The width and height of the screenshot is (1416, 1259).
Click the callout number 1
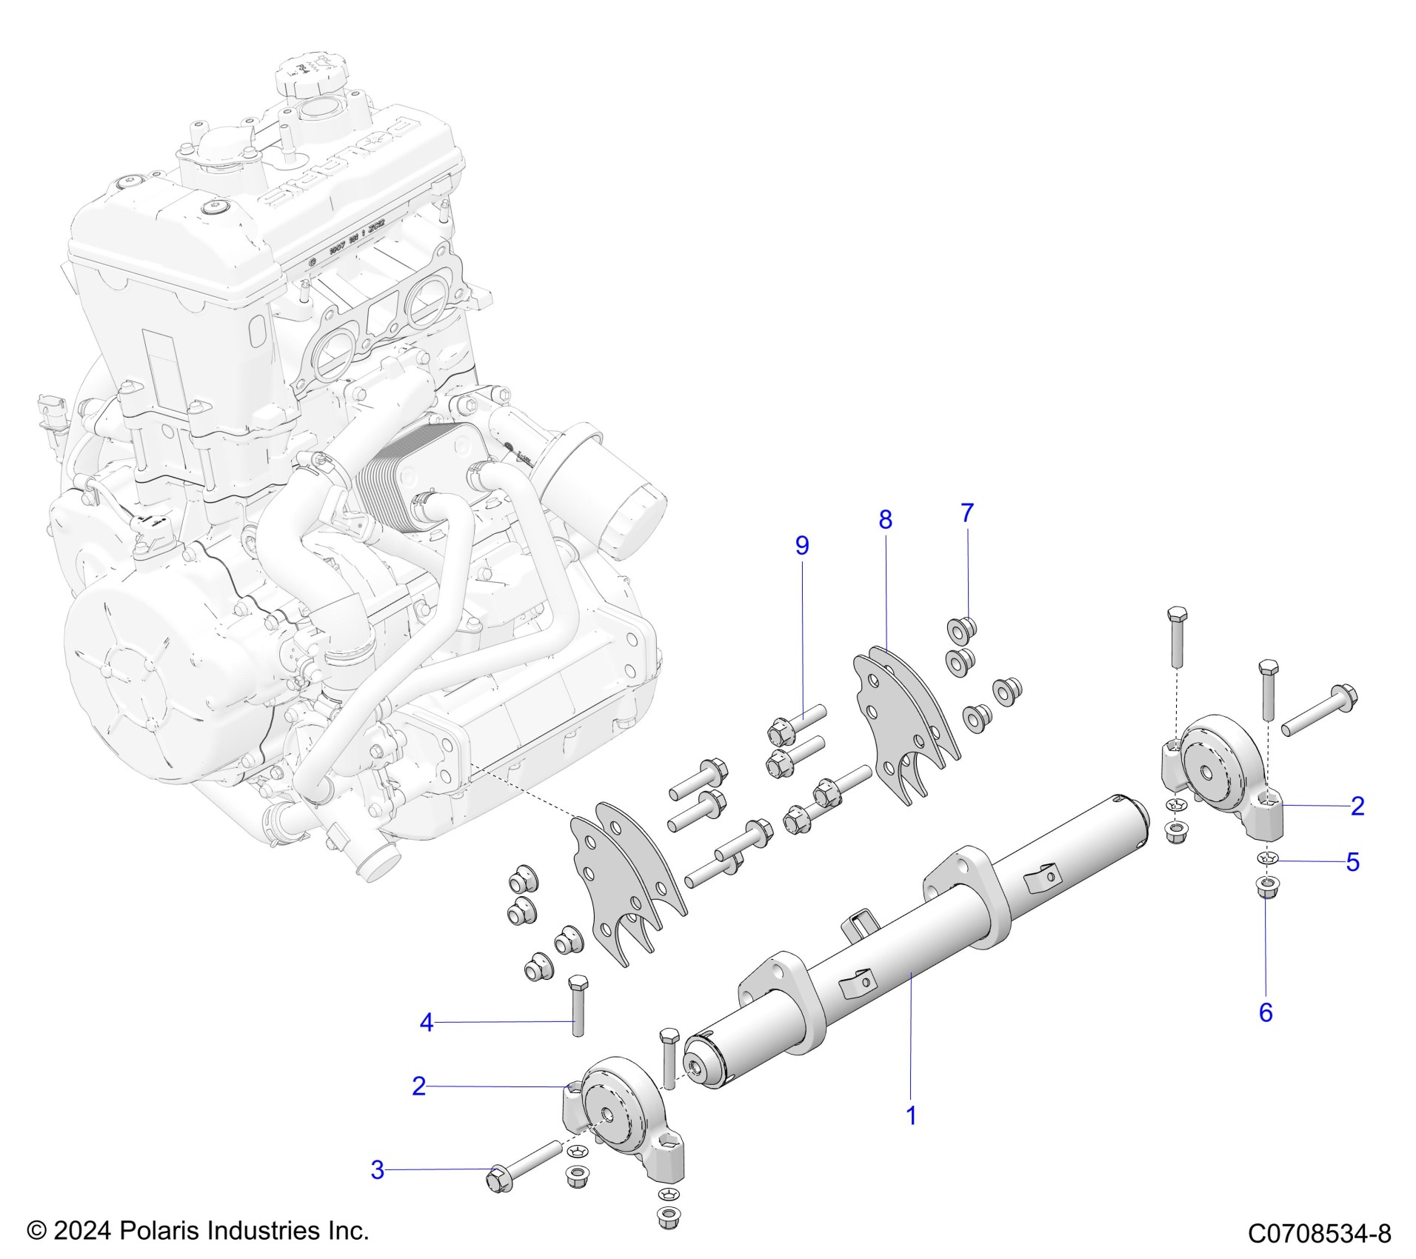click(x=911, y=1135)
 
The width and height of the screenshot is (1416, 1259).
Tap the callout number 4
click(x=426, y=1023)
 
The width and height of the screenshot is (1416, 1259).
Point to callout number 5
click(x=1352, y=863)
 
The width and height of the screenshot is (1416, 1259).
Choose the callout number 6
click(x=1266, y=1012)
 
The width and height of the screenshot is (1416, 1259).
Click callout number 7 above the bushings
click(x=966, y=512)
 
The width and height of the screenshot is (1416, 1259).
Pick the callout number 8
click(x=885, y=520)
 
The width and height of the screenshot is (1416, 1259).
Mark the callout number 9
click(x=802, y=546)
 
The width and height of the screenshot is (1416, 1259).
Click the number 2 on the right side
click(x=1357, y=806)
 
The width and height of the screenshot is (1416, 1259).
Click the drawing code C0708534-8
click(x=1319, y=1234)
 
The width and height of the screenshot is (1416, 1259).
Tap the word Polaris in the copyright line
click(x=158, y=1231)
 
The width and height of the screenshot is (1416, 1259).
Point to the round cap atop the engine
click(x=306, y=72)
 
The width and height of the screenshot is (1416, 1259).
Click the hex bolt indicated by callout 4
click(x=577, y=1010)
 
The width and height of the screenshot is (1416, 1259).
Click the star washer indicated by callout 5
click(x=1266, y=880)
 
